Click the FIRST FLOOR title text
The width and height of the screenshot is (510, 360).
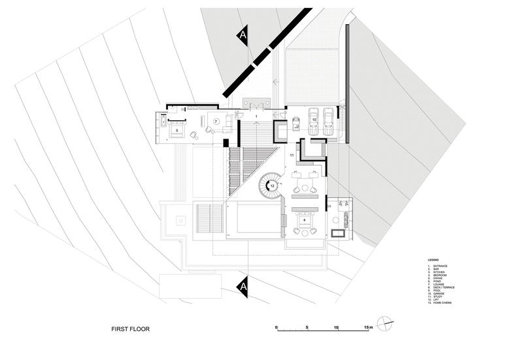[130, 330]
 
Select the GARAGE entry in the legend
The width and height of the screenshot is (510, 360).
[437, 293]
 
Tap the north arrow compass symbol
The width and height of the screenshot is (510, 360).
[386, 324]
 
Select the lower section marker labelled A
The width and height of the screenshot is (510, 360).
[243, 286]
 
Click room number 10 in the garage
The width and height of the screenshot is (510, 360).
[313, 120]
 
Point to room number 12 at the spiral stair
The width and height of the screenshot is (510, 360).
[272, 186]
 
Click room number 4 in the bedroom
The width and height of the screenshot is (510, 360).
[305, 221]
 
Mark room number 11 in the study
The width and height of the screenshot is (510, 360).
[292, 155]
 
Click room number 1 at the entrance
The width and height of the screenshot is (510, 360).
[257, 116]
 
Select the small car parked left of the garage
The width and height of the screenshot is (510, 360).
[296, 123]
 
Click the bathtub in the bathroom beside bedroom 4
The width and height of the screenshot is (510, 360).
[339, 233]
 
